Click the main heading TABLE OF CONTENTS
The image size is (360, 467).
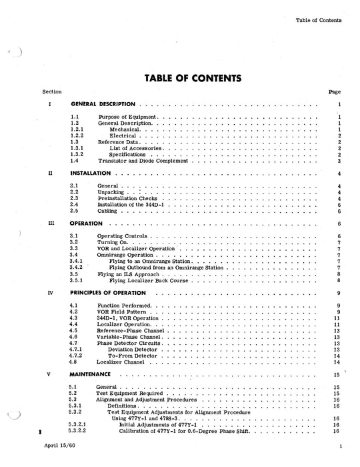[x=193, y=77]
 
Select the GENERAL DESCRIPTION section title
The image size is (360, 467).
[x=103, y=105]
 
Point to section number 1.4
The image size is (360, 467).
[x=75, y=161]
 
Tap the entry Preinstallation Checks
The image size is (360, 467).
[x=127, y=198]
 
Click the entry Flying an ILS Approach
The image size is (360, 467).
[x=129, y=274]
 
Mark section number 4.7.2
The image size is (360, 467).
[x=77, y=356]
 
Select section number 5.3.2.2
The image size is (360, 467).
[x=80, y=432]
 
